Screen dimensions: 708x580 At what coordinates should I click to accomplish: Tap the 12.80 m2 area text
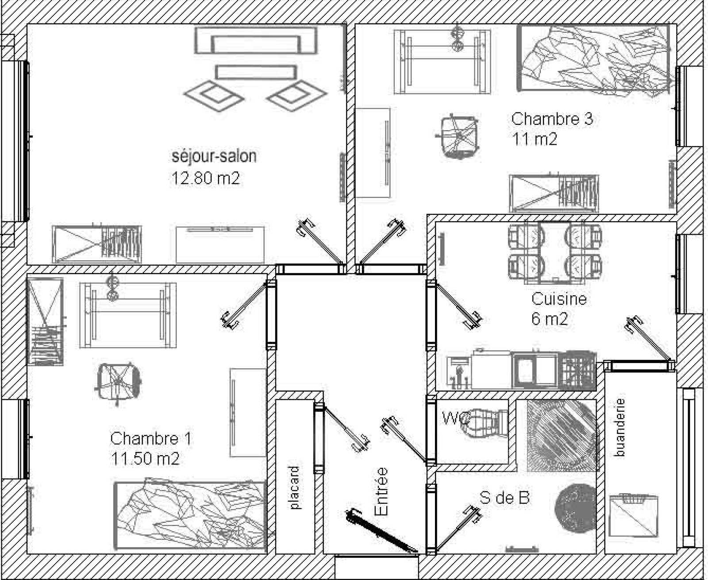point(206,178)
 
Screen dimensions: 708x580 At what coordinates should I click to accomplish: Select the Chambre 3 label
point(552,119)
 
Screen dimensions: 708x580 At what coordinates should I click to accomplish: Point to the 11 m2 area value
point(535,139)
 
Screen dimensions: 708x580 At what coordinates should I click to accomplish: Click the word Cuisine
point(559,299)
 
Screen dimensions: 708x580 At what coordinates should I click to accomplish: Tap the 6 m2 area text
point(550,319)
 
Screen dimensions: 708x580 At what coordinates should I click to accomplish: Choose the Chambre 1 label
point(151,439)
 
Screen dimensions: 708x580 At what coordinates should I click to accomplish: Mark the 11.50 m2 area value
point(145,459)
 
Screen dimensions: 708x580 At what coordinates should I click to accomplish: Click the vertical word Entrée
point(381,491)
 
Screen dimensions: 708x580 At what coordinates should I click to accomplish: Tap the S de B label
point(504,498)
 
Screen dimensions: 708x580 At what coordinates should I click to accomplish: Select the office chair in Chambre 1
point(118,383)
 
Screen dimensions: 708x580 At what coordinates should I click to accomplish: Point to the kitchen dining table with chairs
point(554,252)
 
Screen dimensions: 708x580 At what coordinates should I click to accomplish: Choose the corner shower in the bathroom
point(562,435)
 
